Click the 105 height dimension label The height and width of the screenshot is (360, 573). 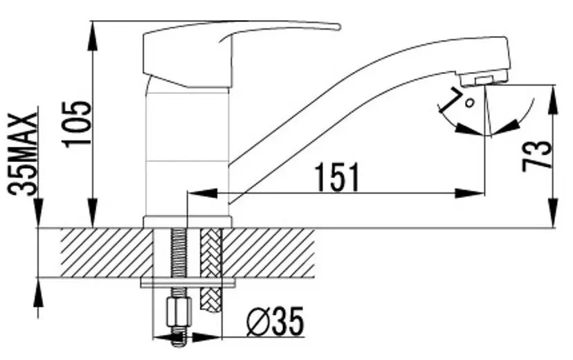click(77, 124)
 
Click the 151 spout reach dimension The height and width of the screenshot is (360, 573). click(338, 178)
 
